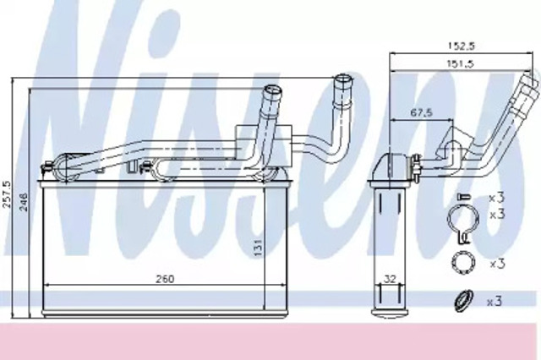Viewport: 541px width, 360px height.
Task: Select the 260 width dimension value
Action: click(165, 279)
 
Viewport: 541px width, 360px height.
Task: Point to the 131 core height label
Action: click(259, 248)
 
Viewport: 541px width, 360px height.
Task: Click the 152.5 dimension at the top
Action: click(460, 46)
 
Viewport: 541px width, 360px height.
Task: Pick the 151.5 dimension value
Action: click(460, 63)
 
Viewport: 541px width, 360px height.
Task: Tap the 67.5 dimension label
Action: click(421, 112)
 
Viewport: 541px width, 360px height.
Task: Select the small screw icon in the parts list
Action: click(463, 197)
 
